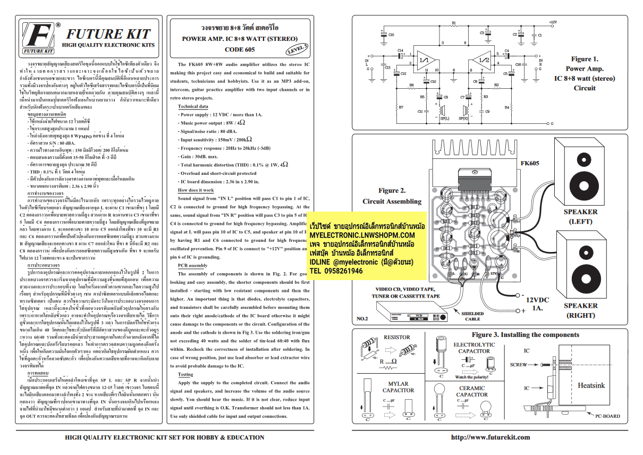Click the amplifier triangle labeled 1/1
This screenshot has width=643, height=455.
coord(426,60)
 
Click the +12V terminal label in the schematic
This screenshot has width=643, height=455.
coord(552,22)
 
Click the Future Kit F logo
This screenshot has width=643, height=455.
coord(38,38)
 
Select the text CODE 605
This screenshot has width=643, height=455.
coord(239,49)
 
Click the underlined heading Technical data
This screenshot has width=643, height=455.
coord(193,106)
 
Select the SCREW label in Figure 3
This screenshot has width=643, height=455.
coord(518,365)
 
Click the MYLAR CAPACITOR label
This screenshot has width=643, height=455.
coord(398,387)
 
